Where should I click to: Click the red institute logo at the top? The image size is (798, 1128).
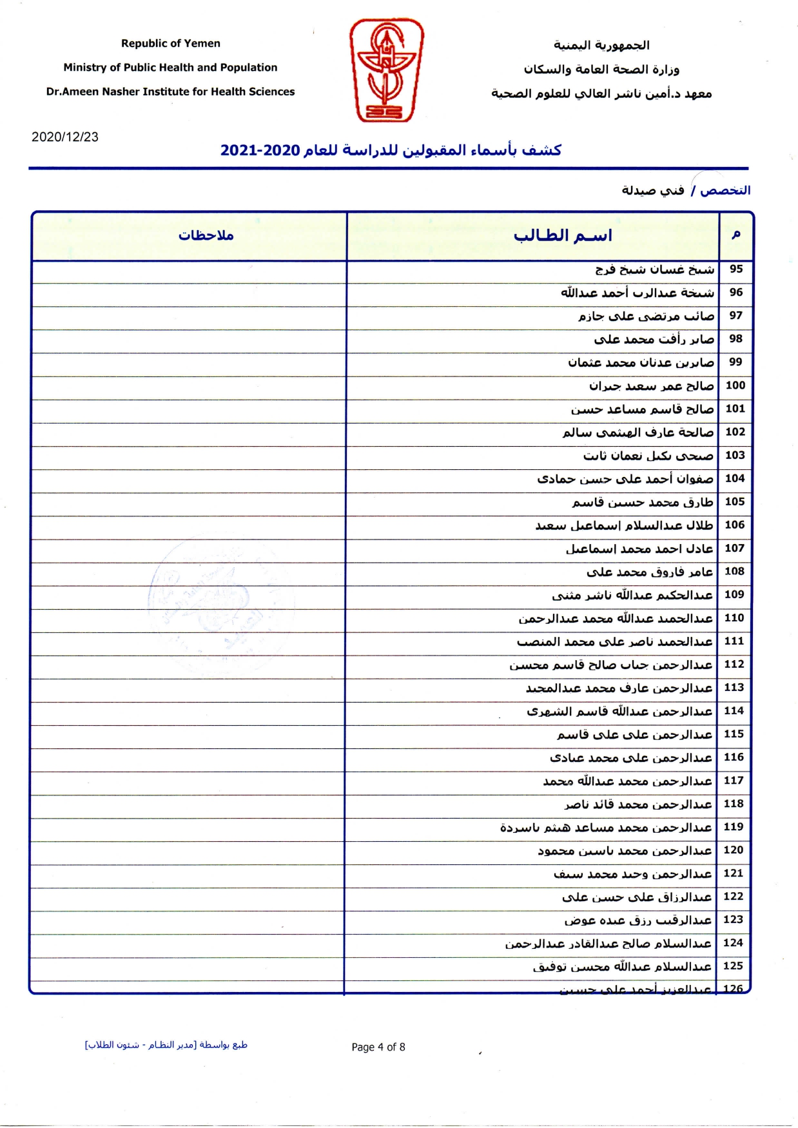point(386,70)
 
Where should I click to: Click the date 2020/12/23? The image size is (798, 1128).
point(65,137)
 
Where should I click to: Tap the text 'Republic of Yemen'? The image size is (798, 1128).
point(171,43)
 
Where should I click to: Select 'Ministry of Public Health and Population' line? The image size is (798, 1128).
point(170,67)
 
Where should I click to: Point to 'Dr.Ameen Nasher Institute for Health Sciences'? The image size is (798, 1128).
point(170,92)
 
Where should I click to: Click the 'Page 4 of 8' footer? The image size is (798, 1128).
point(378,1047)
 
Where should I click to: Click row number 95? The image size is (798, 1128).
point(735,269)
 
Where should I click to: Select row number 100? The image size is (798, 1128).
point(735,385)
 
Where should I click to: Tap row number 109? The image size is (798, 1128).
point(734,594)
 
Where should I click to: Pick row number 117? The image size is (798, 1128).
point(734,780)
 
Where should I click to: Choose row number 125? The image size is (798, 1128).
point(733,966)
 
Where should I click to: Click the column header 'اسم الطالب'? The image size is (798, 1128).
point(563,235)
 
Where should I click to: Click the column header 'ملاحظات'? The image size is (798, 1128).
point(206,235)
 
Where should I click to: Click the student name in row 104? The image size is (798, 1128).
point(625,478)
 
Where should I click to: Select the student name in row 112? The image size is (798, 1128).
point(611,665)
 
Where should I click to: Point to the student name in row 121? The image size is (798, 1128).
point(632,873)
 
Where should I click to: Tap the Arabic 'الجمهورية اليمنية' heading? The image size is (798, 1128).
point(601,45)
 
